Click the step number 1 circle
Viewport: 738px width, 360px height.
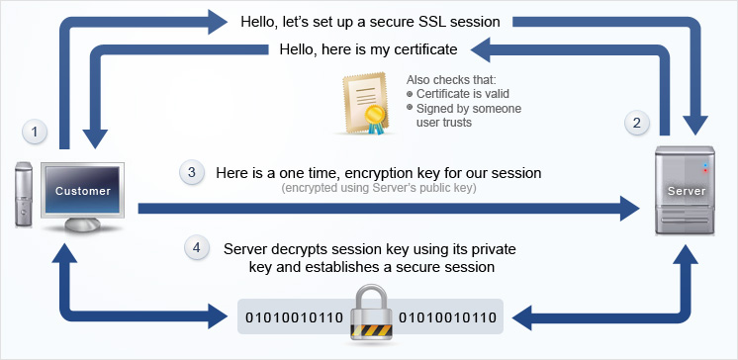click(36, 131)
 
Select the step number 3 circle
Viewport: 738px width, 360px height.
click(192, 172)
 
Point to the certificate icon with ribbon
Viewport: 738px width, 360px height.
click(367, 103)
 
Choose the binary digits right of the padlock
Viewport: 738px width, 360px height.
click(448, 317)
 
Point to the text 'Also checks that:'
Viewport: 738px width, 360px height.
click(450, 80)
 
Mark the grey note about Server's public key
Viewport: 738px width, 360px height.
click(379, 188)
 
